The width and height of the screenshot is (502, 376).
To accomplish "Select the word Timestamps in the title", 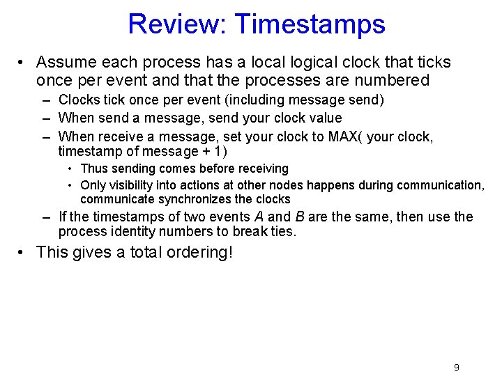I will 310,24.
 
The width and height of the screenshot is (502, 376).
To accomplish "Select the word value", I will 323,118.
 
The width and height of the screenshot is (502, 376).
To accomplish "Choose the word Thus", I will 93,169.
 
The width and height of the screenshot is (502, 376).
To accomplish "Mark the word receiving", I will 262,169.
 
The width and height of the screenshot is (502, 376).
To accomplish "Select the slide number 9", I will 457,368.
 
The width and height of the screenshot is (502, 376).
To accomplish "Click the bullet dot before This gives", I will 22,252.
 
